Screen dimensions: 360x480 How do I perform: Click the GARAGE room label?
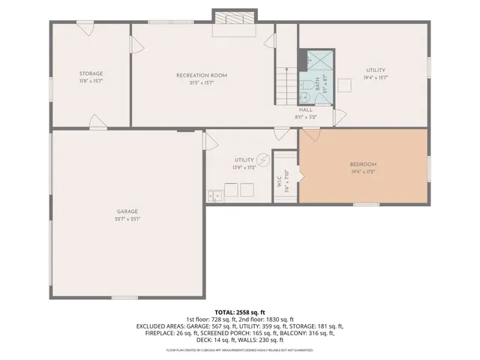point(127,211)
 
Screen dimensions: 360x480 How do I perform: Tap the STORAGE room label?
point(91,73)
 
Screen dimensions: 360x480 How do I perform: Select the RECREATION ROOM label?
point(201,75)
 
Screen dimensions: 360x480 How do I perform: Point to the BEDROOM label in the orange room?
point(363,164)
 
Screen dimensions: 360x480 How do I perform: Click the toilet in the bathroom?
point(306,96)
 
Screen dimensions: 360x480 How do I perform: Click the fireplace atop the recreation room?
point(235,17)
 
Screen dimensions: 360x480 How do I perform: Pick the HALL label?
point(305,109)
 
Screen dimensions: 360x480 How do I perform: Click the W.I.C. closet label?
point(279,181)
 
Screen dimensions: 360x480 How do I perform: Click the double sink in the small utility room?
point(215,196)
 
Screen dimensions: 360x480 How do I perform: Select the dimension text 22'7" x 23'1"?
point(127,219)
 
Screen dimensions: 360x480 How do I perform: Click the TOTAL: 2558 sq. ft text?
point(240,312)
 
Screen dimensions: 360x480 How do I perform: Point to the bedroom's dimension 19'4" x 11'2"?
point(363,172)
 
